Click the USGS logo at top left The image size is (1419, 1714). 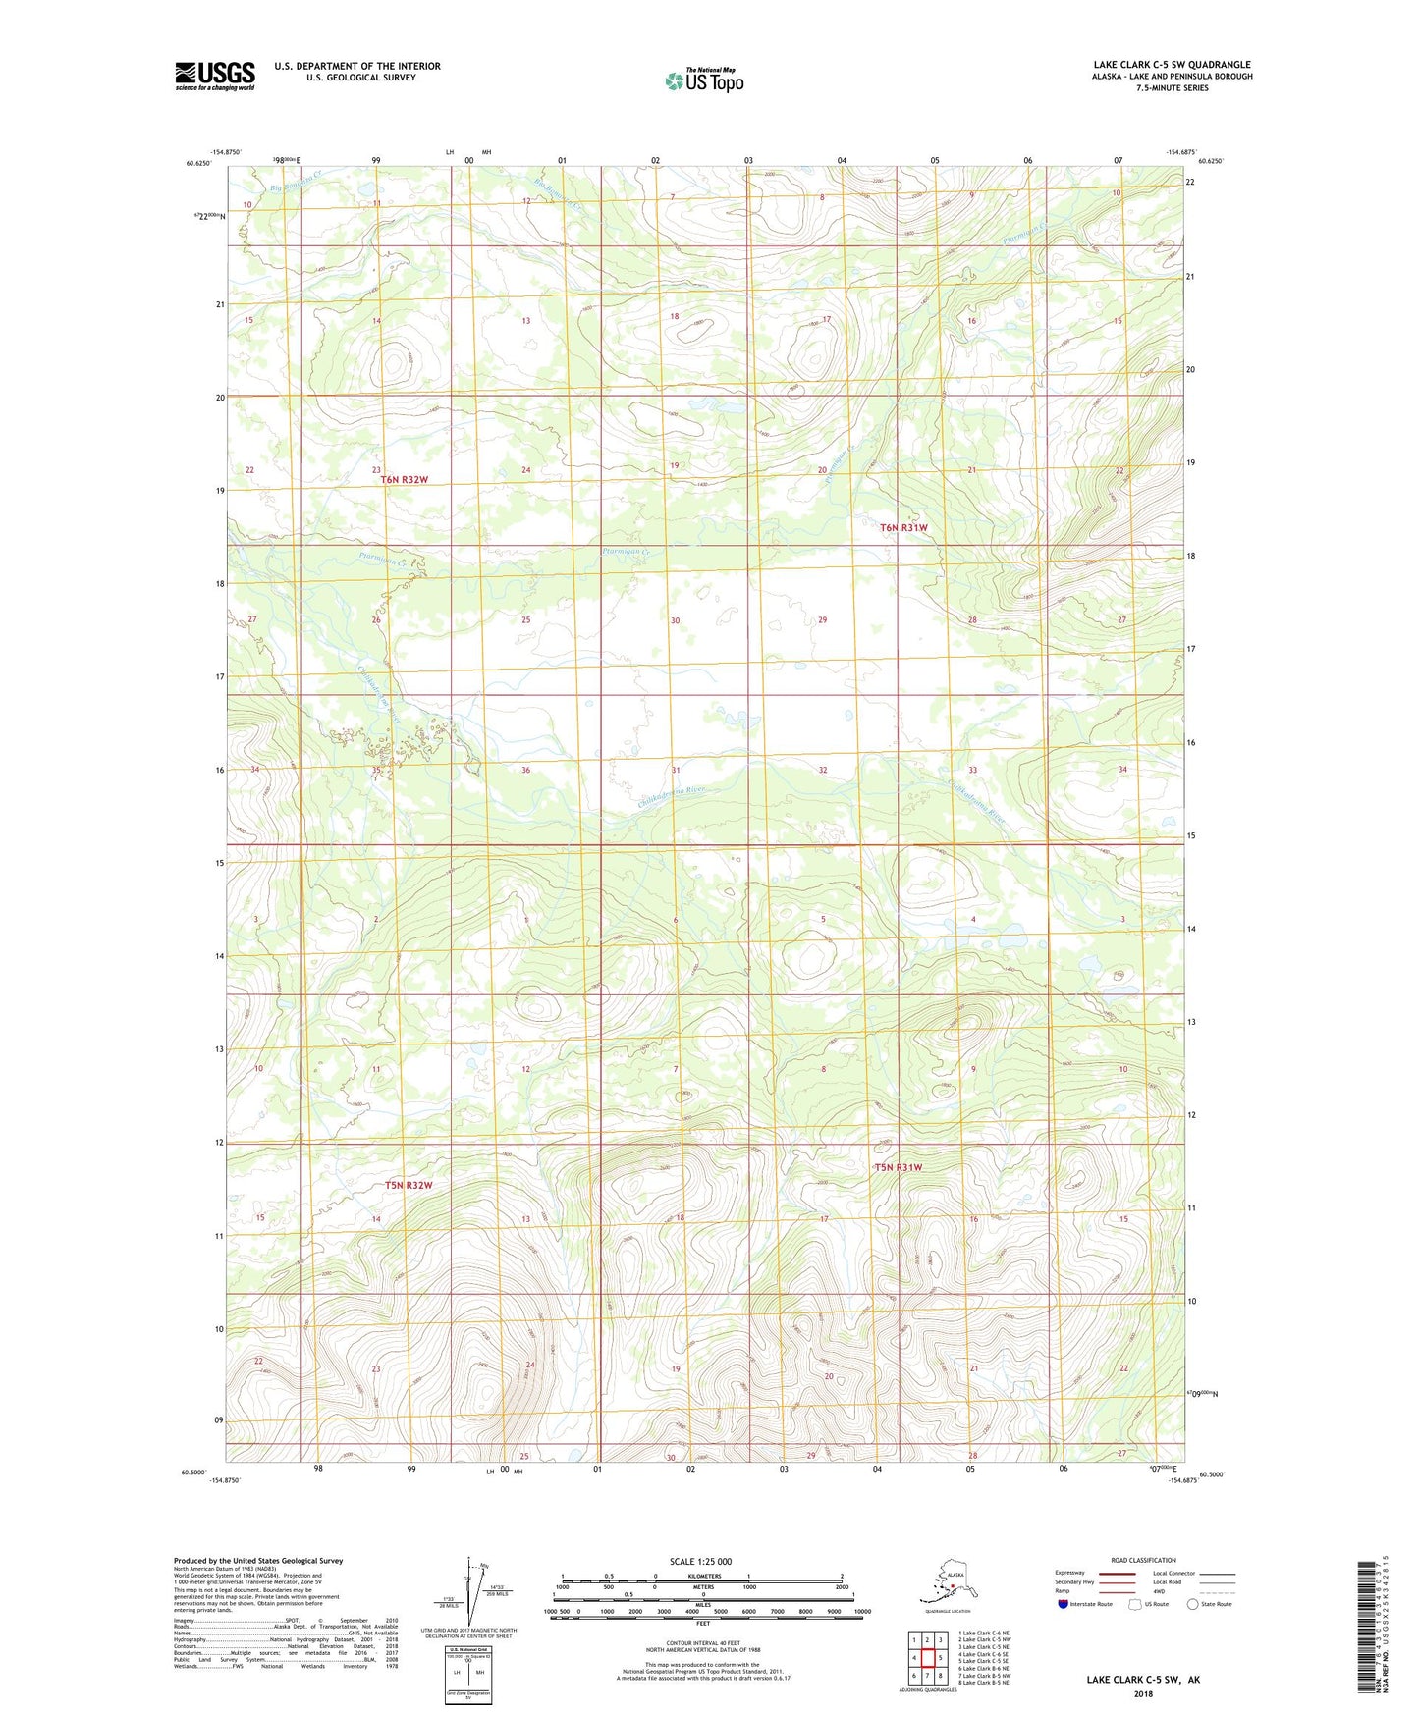click(215, 76)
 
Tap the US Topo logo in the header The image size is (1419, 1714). click(704, 80)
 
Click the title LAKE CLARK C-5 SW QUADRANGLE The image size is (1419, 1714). click(1172, 65)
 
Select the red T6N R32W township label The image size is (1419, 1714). click(405, 480)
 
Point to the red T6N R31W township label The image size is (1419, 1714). click(903, 528)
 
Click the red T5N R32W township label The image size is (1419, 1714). click(409, 1185)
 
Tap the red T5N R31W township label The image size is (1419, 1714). click(899, 1167)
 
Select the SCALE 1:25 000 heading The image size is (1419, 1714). click(701, 1562)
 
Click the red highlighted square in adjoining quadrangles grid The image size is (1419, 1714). click(927, 1658)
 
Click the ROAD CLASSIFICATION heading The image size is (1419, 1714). click(1143, 1560)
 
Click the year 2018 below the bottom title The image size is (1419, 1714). click(1143, 1693)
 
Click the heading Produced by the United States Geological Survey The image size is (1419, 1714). click(258, 1560)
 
